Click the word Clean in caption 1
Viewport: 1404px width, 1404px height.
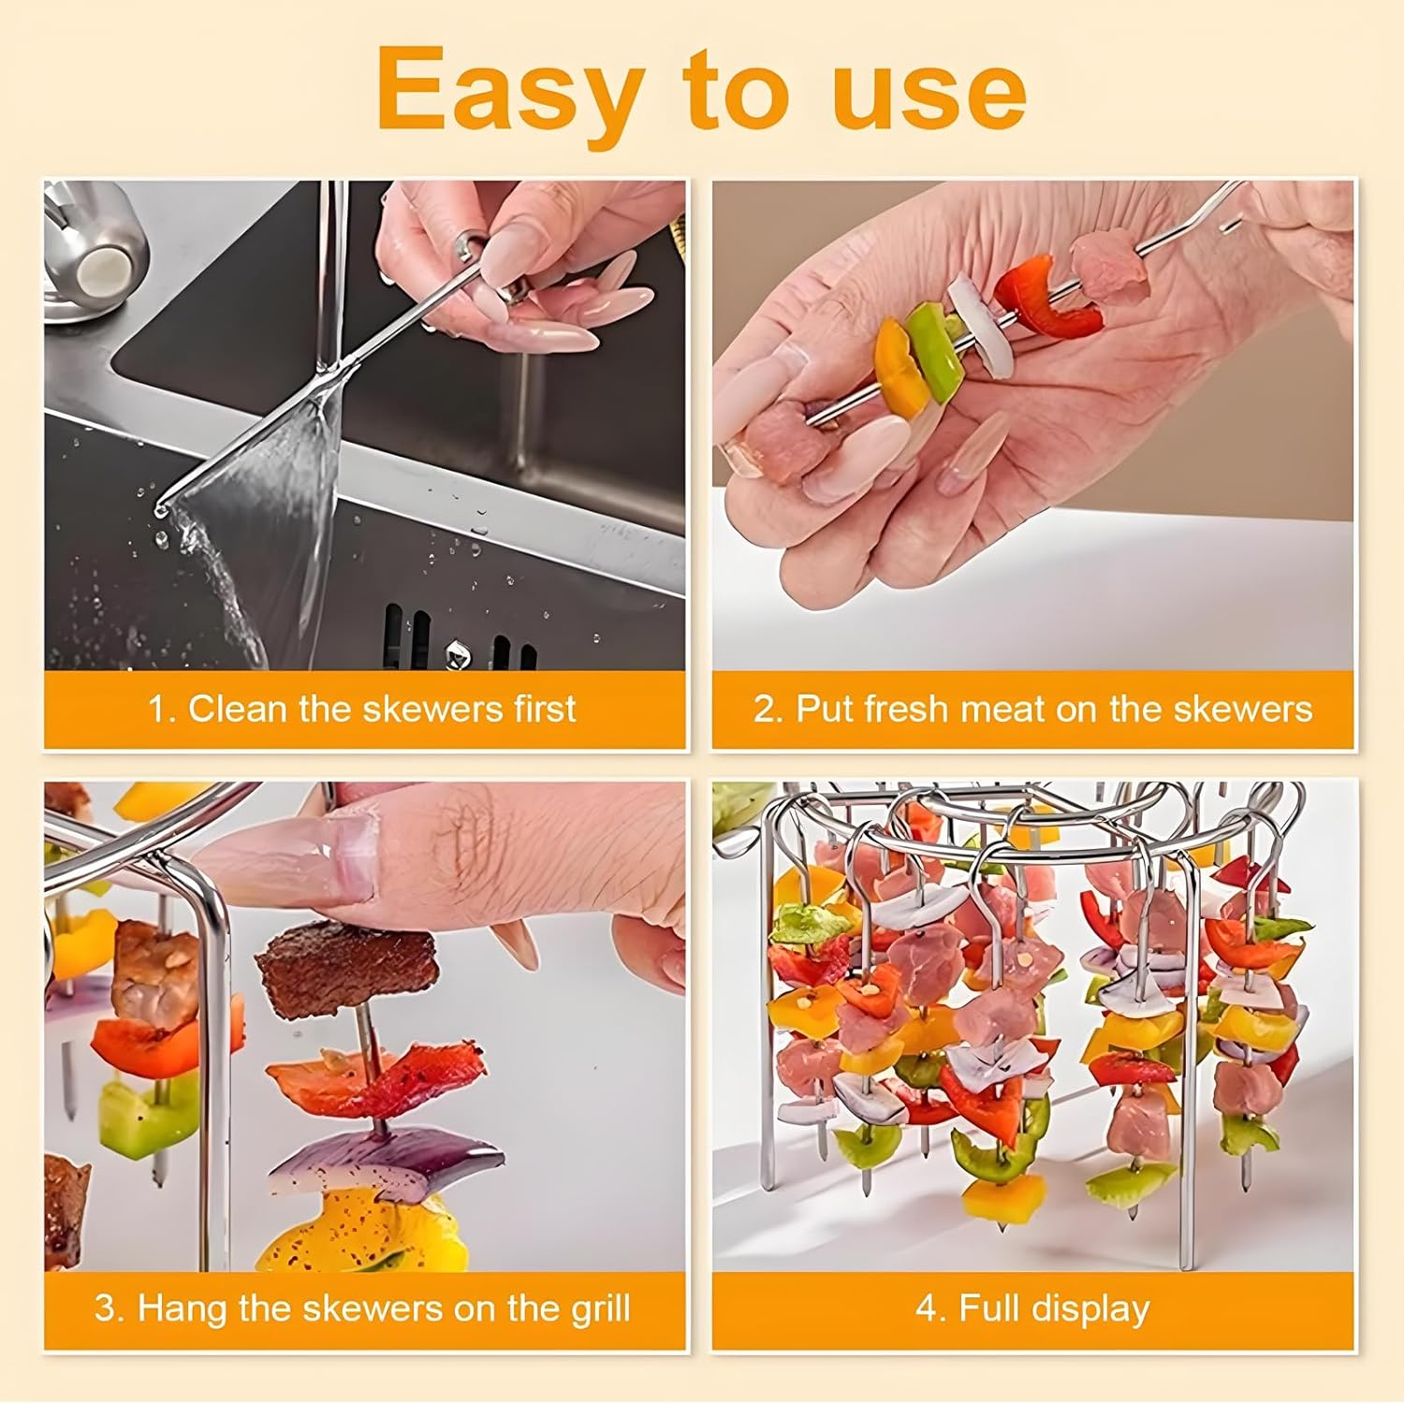pos(237,709)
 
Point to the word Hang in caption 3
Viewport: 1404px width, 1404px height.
pos(183,1308)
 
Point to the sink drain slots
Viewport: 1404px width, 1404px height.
pos(459,636)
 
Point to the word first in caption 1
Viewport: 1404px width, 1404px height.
pos(544,709)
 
